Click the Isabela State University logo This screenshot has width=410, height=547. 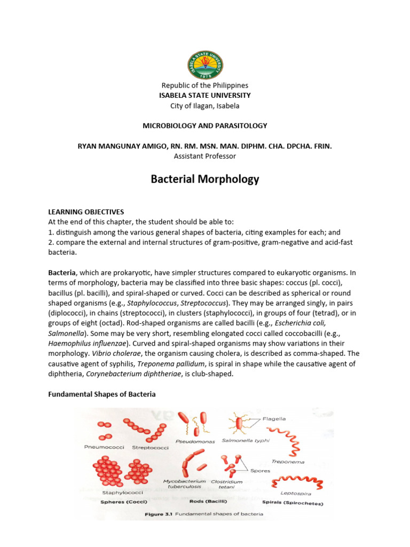pos(205,65)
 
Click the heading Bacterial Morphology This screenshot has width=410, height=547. pos(205,179)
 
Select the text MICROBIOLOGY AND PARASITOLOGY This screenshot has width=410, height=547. pos(205,126)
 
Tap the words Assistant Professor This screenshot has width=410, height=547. pos(205,156)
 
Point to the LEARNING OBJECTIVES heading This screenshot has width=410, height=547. pos(86,212)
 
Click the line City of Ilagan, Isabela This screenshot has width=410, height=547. pos(205,105)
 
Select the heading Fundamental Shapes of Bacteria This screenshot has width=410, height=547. pos(102,394)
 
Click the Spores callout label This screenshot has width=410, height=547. pos(261,471)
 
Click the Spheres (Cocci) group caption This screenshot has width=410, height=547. pos(124,502)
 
